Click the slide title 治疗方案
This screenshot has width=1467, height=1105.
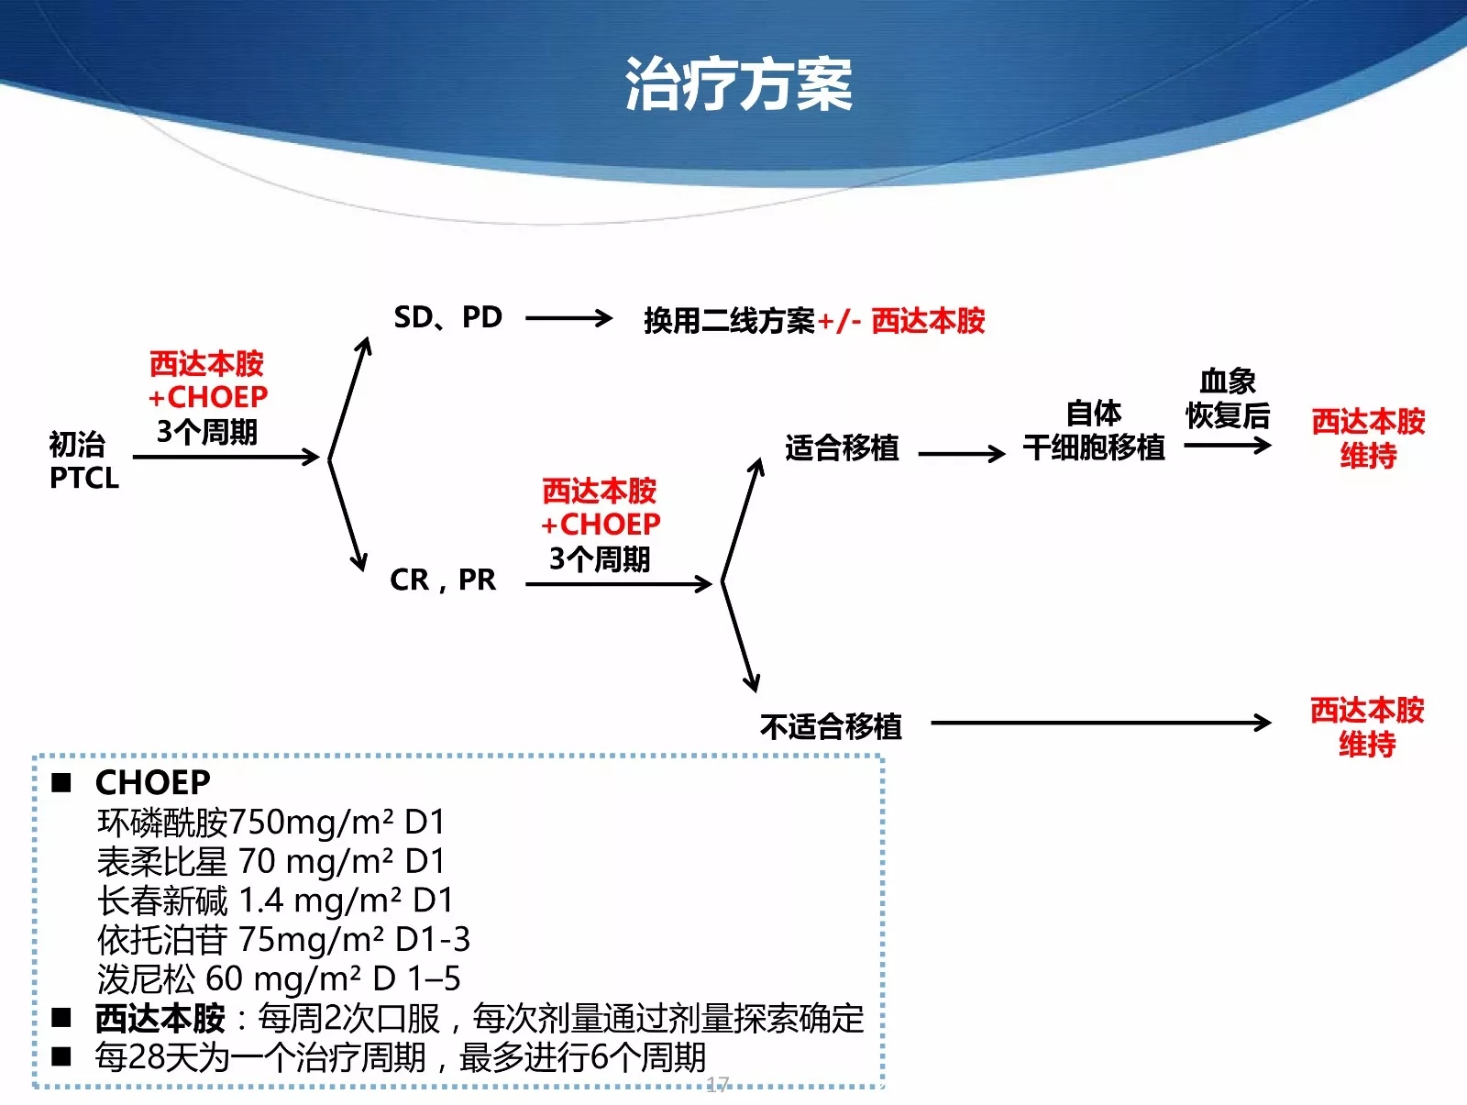(x=738, y=83)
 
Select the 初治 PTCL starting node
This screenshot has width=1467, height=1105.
(x=84, y=460)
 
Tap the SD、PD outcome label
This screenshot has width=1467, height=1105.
(x=447, y=317)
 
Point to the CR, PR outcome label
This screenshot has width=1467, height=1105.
(x=443, y=579)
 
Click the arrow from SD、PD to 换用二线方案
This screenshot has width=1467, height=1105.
(x=568, y=317)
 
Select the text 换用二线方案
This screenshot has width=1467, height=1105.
(x=729, y=320)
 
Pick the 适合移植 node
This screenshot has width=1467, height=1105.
(x=842, y=448)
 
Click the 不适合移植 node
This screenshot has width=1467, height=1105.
(x=831, y=726)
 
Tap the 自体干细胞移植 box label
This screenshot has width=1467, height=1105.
(x=1094, y=430)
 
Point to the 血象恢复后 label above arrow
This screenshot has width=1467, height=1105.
(x=1228, y=398)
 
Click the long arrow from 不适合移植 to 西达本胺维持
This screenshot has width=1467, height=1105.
(x=1101, y=722)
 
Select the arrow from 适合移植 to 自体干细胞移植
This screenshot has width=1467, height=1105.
(x=962, y=453)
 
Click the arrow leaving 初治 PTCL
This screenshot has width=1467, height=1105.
(x=226, y=457)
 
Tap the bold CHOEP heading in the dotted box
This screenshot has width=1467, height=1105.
(x=153, y=782)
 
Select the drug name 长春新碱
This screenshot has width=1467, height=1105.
(x=162, y=901)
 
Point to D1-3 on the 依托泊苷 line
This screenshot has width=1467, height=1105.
(x=433, y=939)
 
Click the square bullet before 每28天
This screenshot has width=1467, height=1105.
(x=61, y=1056)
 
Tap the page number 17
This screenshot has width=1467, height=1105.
(x=718, y=1084)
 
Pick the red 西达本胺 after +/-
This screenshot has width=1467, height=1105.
(x=928, y=320)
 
